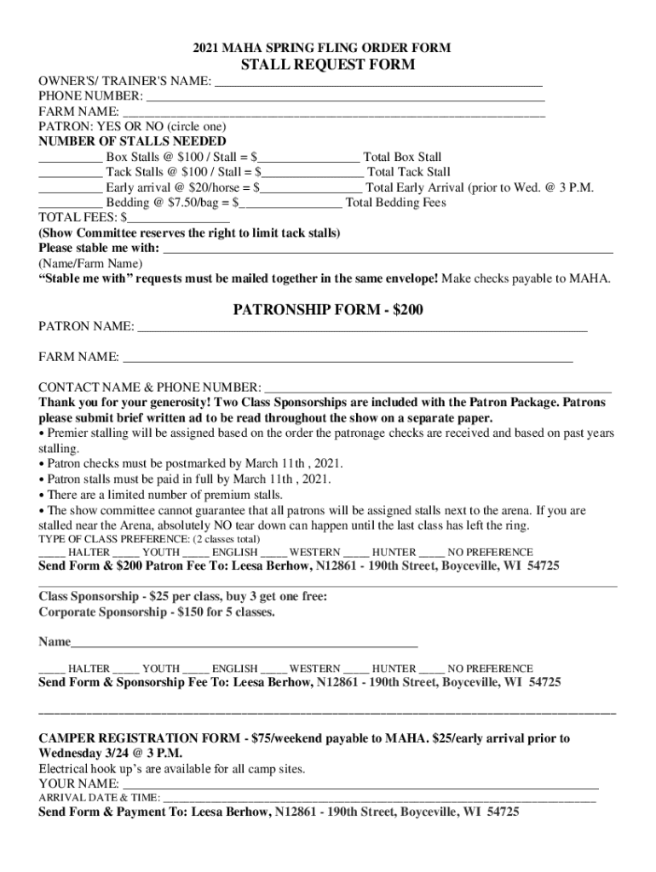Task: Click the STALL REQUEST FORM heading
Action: click(328, 65)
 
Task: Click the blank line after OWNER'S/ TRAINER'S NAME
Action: click(377, 83)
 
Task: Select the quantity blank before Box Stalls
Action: click(70, 158)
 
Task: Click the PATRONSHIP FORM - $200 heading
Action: click(328, 310)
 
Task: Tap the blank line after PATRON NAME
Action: click(362, 327)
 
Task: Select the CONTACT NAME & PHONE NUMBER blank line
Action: click(438, 387)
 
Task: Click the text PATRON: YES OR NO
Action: click(101, 126)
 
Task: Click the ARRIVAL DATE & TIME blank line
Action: click(379, 798)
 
